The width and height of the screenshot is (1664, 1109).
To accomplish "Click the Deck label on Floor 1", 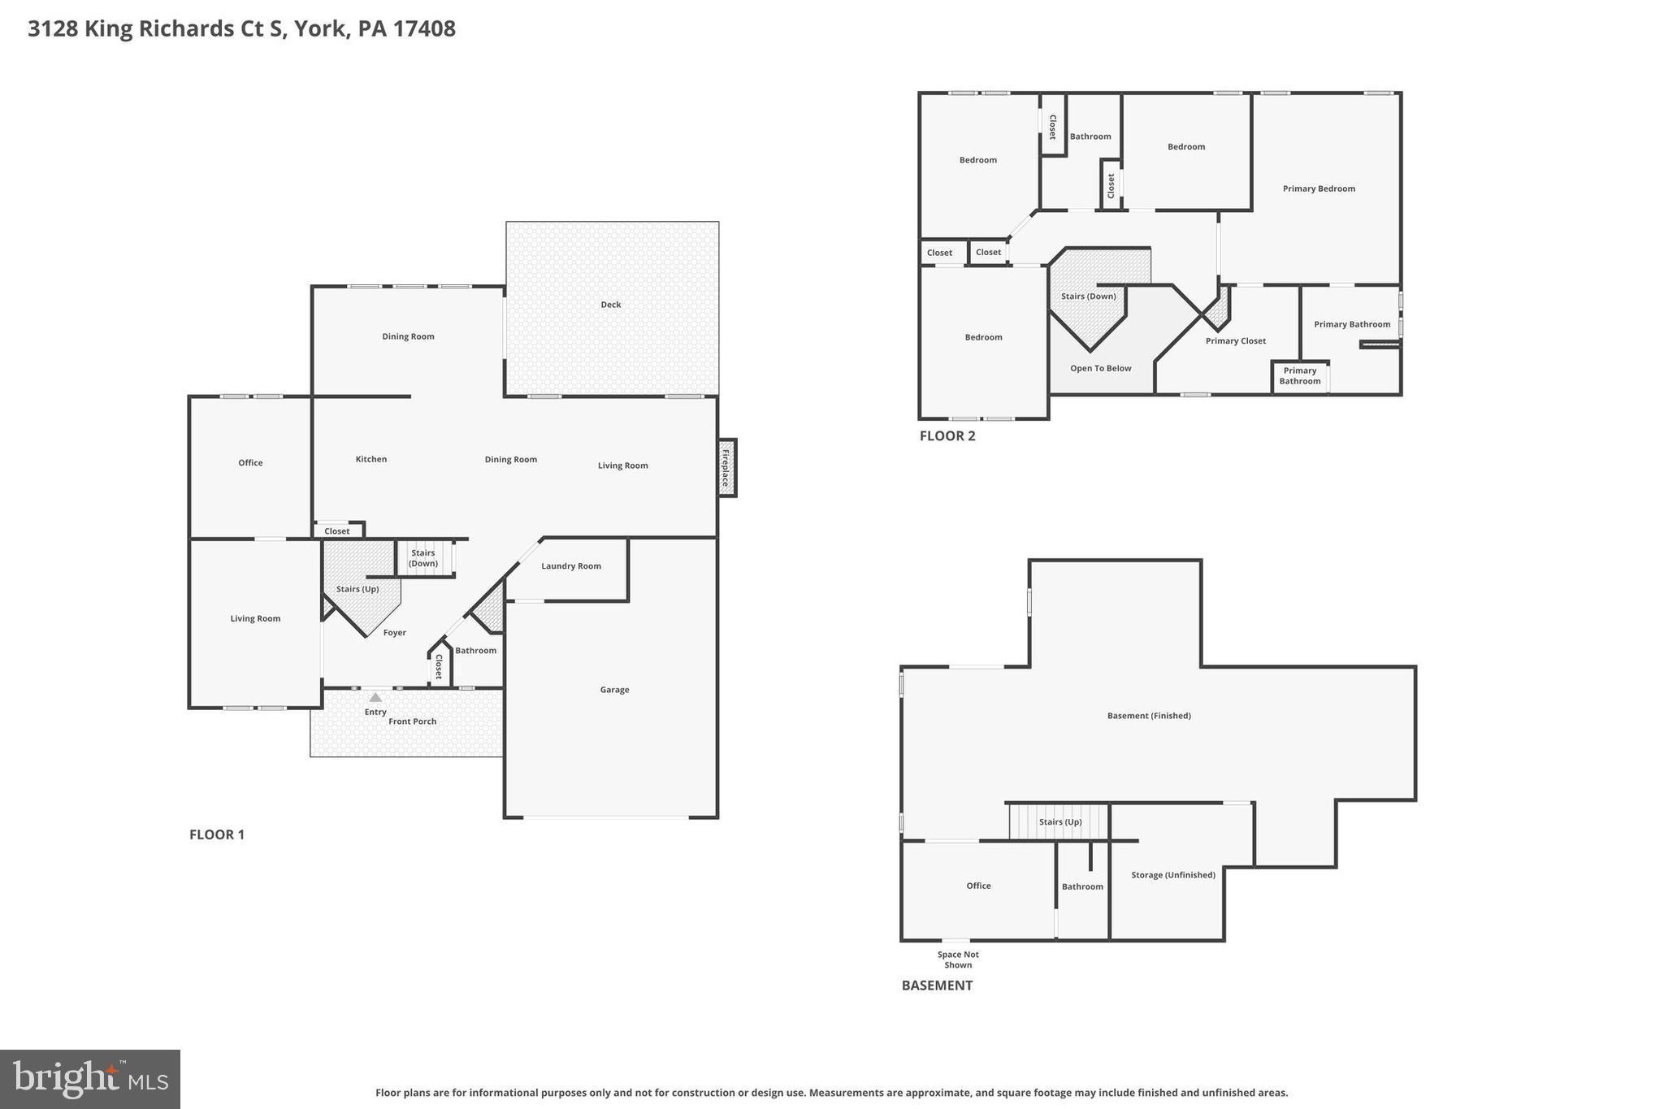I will [x=610, y=305].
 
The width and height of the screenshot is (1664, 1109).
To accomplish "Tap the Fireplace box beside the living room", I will [x=726, y=467].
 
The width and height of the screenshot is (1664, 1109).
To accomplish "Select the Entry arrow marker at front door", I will [x=375, y=697].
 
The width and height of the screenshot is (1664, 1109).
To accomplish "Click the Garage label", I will [x=614, y=690].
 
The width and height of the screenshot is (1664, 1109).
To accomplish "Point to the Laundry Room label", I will [x=571, y=566].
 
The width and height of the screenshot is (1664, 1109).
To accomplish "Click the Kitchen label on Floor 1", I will [x=371, y=459].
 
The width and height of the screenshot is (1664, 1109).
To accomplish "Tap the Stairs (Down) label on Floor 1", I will [x=422, y=558].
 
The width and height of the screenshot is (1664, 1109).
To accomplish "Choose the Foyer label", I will [x=394, y=633].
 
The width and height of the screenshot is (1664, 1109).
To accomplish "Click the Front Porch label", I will [x=412, y=721].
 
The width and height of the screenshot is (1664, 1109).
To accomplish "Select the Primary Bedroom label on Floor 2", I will [x=1319, y=188].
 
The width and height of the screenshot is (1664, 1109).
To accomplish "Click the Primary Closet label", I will [x=1235, y=341].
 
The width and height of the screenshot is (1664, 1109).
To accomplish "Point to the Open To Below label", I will [x=1100, y=368].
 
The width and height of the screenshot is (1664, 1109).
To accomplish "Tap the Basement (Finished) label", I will [x=1149, y=716].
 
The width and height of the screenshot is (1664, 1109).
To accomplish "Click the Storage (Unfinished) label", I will [x=1172, y=875].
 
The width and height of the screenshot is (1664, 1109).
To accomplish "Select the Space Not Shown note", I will [x=958, y=960].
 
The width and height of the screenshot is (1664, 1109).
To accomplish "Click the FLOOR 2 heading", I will [x=947, y=435].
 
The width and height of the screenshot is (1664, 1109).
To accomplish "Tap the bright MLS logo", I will [x=90, y=1079].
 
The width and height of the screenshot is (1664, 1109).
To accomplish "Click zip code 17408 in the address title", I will [x=424, y=28].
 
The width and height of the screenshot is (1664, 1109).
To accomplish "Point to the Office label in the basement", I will [x=978, y=886].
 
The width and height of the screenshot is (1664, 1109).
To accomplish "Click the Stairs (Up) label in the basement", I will [x=1060, y=822].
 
